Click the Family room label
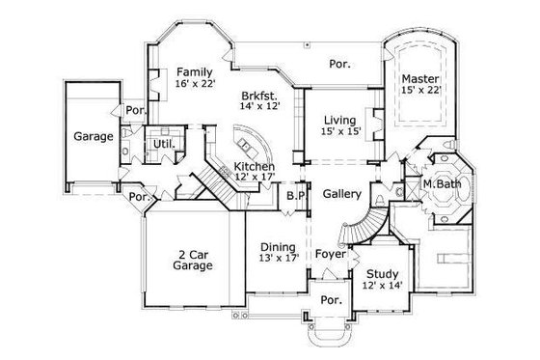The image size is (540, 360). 194,71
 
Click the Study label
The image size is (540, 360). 382,273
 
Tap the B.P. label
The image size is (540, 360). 295,195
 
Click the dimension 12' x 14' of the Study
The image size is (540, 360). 382,286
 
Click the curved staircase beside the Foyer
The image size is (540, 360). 357,228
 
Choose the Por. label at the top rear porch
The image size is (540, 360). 339,64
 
